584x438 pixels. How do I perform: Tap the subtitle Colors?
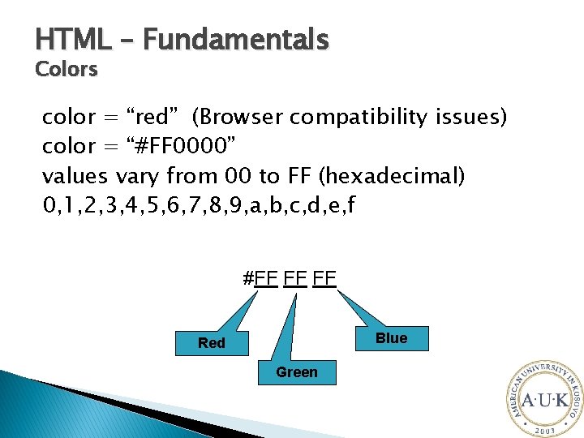[67, 70]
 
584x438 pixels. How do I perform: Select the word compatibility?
[358, 118]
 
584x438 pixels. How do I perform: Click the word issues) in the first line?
[470, 118]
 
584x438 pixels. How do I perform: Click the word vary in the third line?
[139, 176]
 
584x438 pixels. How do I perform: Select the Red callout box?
[212, 343]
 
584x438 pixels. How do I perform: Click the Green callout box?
[297, 372]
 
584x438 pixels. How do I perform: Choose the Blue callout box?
[391, 338]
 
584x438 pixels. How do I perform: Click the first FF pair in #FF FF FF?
[266, 278]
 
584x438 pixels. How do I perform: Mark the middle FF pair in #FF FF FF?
[296, 278]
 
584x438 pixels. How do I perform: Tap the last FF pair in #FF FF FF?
[325, 278]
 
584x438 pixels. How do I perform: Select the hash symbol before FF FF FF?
[248, 278]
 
